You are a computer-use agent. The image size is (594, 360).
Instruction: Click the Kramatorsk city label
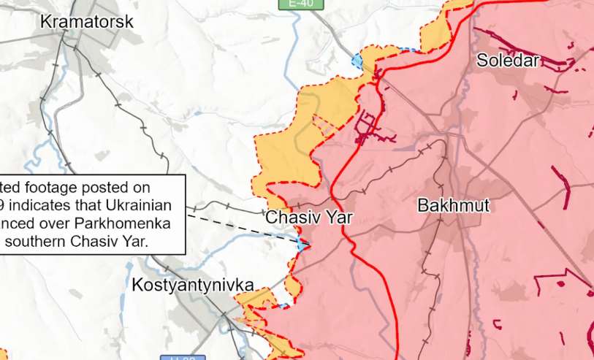(86, 22)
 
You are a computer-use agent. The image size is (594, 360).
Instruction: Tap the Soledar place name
(508, 61)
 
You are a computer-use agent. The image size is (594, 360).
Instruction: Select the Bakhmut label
(453, 205)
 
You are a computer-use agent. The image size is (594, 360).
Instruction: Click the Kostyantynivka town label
(193, 286)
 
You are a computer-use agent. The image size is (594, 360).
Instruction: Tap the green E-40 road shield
(300, 4)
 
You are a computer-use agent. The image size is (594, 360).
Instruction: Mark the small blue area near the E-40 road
(357, 61)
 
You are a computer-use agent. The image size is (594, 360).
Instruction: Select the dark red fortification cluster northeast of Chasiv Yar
(369, 129)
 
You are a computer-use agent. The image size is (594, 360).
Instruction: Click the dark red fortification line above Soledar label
(522, 45)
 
